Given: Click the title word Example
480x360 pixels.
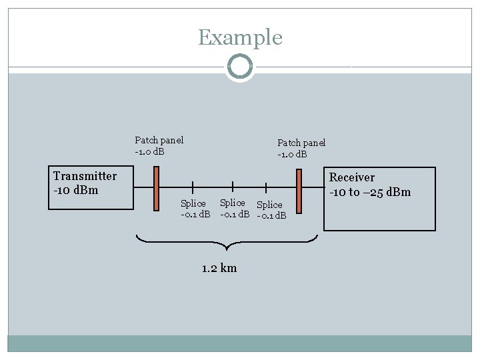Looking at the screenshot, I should [240, 37].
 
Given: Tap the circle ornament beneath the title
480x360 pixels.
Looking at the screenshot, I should [240, 67].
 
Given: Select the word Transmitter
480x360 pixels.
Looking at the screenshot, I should [85, 176].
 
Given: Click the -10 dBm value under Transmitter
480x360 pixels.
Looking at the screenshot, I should [75, 190].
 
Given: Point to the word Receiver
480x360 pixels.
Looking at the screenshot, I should [352, 177].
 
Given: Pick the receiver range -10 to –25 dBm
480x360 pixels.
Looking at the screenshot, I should [370, 193].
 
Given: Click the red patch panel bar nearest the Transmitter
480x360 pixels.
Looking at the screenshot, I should [155, 189].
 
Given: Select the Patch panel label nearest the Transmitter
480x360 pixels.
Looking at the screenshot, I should [159, 140].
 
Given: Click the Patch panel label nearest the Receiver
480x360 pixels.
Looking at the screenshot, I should [301, 143].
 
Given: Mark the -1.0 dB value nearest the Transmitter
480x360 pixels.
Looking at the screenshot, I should [149, 151].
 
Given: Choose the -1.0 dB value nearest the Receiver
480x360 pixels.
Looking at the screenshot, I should [292, 155].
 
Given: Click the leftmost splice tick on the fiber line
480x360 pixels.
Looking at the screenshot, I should [193, 189].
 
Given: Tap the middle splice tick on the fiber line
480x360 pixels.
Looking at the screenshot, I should [231, 189].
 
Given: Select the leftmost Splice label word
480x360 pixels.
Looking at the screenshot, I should [193, 203].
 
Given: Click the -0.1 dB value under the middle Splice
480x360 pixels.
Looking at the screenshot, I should [235, 214].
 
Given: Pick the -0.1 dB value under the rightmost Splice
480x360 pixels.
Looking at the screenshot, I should [271, 215].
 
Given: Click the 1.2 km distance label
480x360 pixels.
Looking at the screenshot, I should [219, 268].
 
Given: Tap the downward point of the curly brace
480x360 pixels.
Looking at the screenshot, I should [227, 251].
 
